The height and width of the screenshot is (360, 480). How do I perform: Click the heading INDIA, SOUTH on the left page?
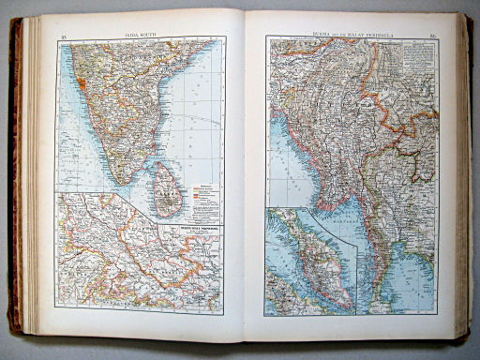[140, 31]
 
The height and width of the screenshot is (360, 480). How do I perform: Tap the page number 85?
[63, 35]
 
